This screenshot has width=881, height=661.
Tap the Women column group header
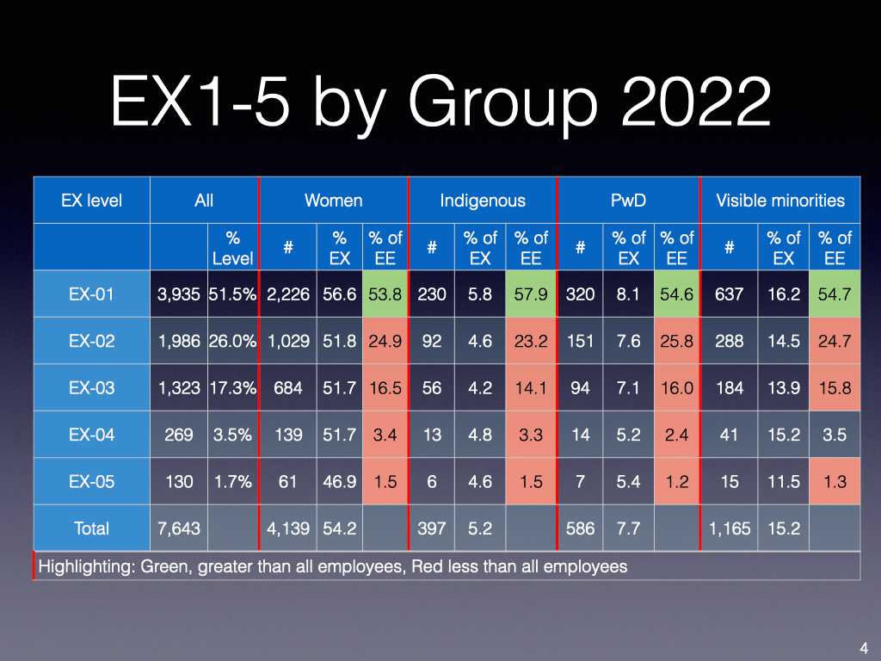tap(333, 201)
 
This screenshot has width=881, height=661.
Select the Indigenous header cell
tap(482, 201)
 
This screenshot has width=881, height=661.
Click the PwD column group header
tap(628, 201)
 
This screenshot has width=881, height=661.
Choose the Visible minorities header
tap(780, 201)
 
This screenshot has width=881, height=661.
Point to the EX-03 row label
tap(91, 387)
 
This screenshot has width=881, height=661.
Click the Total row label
tap(91, 528)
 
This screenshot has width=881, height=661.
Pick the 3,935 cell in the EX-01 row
tap(178, 294)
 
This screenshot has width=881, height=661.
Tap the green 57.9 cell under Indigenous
tap(531, 294)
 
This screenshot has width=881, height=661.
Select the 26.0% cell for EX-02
tap(232, 341)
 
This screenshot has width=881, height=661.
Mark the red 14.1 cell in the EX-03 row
tap(531, 387)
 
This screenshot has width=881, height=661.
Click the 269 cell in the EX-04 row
tap(178, 435)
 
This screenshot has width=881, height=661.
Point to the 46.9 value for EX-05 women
tap(338, 481)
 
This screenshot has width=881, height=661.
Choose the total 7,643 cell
tap(178, 528)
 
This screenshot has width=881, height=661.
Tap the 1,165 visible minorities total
tap(729, 528)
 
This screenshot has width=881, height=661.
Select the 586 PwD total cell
tap(580, 528)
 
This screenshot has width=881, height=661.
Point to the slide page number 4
tap(863, 647)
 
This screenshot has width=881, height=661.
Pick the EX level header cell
tap(91, 201)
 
